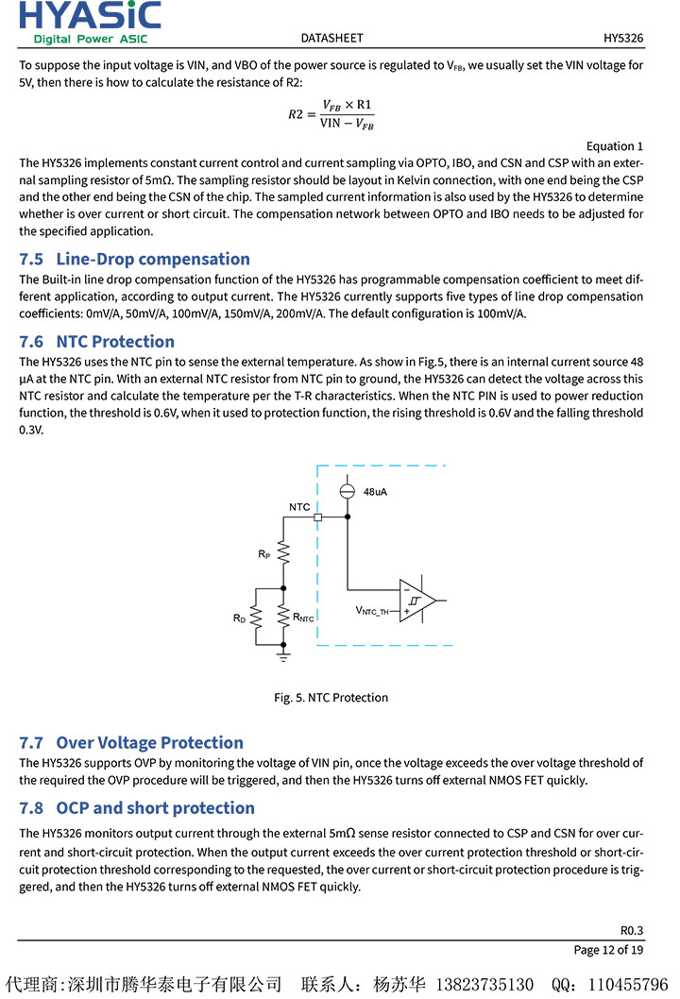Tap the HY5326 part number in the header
tap(623, 39)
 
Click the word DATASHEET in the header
tap(331, 39)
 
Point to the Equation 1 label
tap(614, 146)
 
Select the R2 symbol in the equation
tap(296, 114)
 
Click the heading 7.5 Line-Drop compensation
tap(134, 259)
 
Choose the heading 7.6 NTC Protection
tap(96, 341)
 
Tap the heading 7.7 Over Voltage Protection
tap(131, 742)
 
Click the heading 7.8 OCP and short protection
tap(137, 807)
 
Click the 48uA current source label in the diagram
tap(376, 492)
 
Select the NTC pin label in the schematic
tap(299, 507)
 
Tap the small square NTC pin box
tap(317, 517)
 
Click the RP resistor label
tap(264, 554)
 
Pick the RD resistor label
tap(239, 618)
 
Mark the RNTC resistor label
tap(303, 618)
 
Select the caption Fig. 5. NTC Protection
tap(331, 698)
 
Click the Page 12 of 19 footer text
tap(608, 949)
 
